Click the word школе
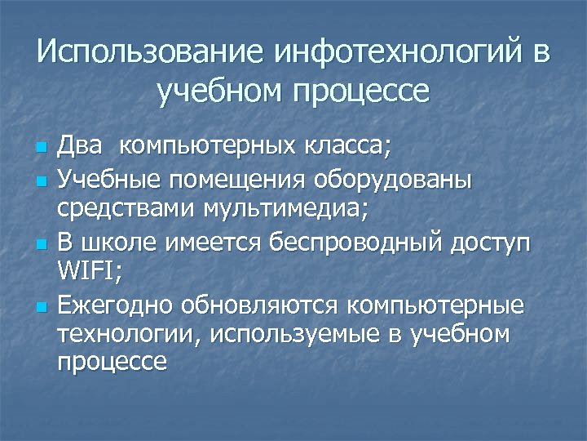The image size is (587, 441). tap(118, 243)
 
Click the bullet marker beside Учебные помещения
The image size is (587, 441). tap(42, 180)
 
